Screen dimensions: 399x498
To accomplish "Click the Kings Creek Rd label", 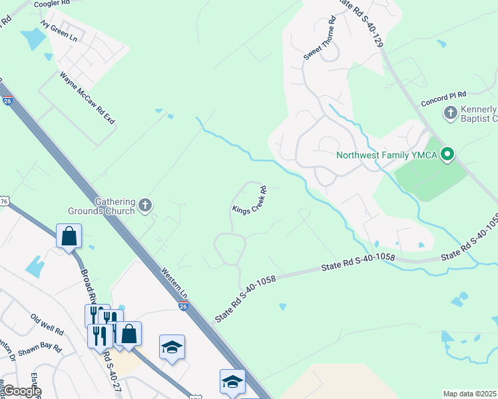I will pos(250,200).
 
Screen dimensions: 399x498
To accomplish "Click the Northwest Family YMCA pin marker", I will pos(448,156).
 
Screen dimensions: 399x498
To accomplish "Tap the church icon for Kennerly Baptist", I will pos(451,113).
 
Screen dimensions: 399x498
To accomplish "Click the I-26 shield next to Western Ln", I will pos(184,305).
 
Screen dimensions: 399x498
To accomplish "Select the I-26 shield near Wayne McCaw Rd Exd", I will pos(7,101).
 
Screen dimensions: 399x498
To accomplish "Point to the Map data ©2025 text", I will pos(469,394).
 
